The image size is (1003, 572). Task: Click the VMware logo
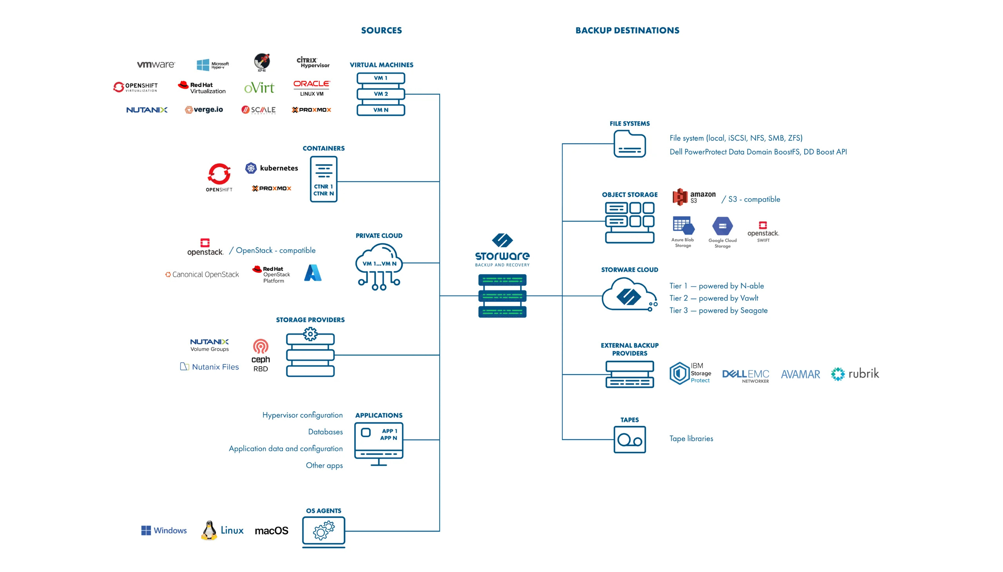tap(156, 64)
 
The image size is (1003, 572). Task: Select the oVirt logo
tap(259, 88)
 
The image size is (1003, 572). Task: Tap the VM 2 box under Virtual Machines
tap(380, 94)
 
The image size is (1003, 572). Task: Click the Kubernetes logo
tap(272, 168)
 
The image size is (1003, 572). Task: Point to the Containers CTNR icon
tap(323, 179)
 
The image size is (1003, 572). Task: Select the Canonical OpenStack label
tap(202, 275)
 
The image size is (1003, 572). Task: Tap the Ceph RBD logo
tap(261, 355)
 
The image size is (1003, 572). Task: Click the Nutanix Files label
tap(210, 367)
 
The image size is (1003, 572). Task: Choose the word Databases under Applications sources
tap(325, 432)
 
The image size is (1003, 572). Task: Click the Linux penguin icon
tap(209, 530)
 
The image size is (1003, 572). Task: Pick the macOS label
tap(272, 531)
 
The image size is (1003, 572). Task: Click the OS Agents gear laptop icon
tap(323, 532)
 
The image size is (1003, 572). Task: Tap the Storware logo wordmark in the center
tap(502, 256)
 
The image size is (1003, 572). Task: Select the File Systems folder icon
tap(629, 144)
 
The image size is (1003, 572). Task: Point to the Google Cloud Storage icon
tap(722, 227)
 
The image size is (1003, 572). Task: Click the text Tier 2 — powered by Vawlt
tap(713, 298)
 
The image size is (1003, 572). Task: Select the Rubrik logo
tap(855, 374)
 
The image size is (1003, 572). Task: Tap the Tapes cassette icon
tap(629, 440)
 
